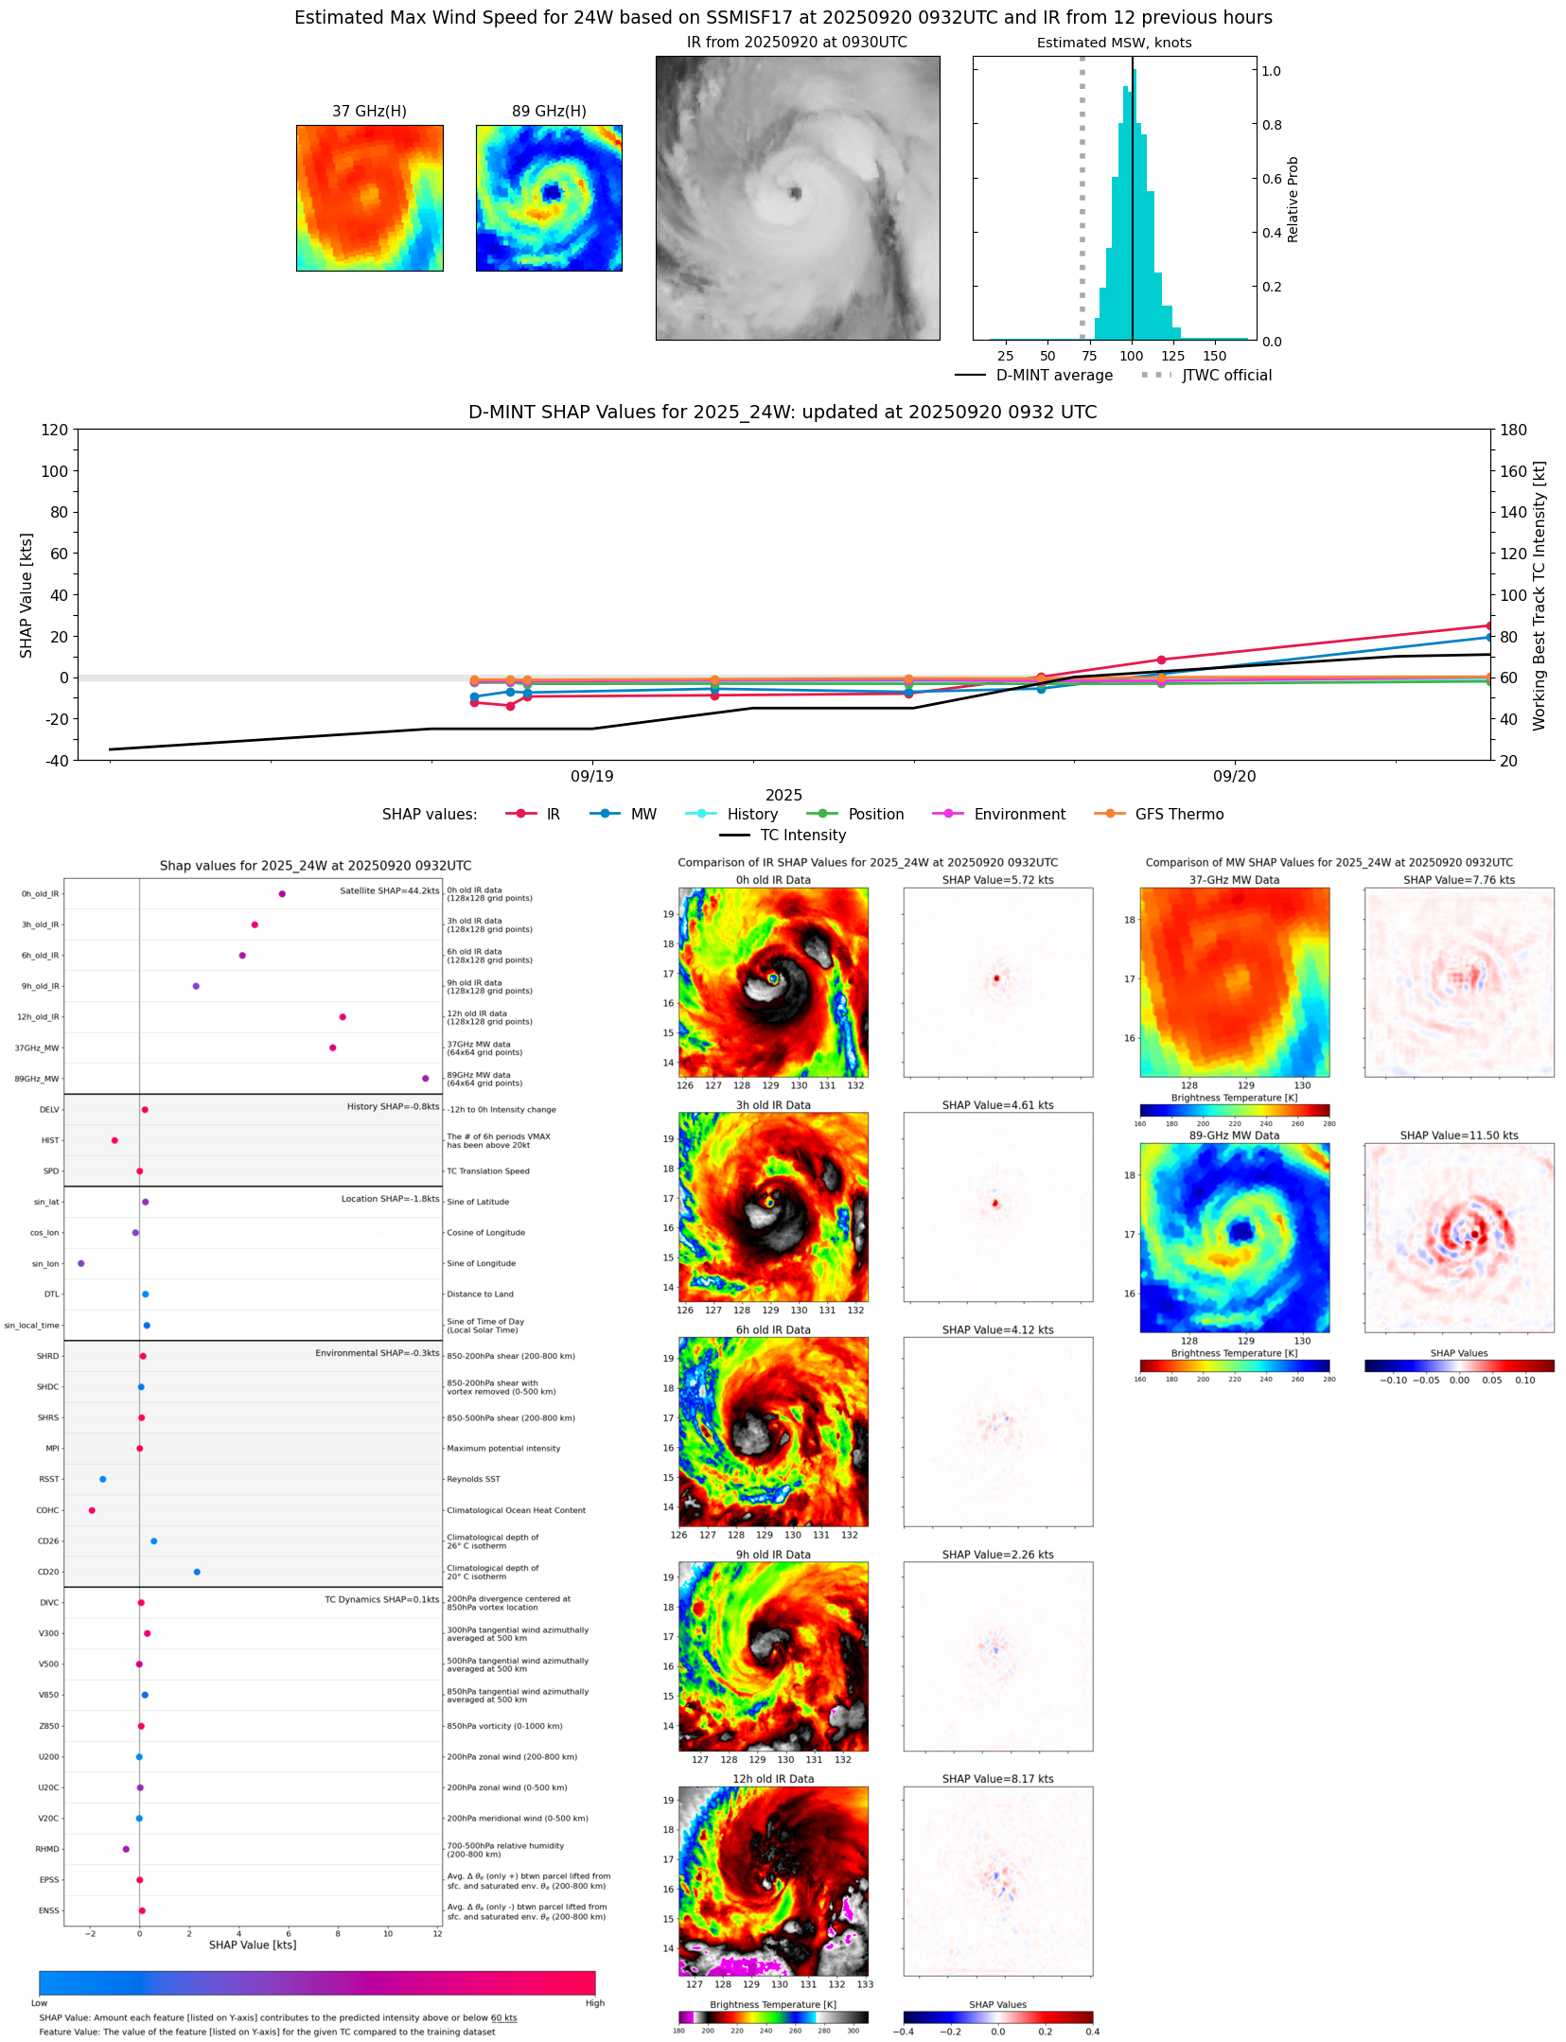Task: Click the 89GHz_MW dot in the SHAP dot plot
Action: [425, 1079]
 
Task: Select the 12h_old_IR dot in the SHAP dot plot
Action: [343, 1017]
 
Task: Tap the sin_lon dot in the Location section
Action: [81, 1263]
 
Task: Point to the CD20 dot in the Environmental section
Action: [197, 1572]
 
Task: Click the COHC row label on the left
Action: [47, 1510]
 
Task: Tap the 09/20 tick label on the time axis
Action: [1234, 777]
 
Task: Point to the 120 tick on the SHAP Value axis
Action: [55, 430]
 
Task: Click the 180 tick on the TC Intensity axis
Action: [1513, 430]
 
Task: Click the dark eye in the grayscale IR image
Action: [796, 194]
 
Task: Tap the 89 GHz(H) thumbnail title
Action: [549, 112]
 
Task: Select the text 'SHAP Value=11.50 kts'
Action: [1458, 1135]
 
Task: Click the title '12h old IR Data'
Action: [773, 1779]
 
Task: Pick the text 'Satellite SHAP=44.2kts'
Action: [389, 890]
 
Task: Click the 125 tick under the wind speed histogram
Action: [1172, 356]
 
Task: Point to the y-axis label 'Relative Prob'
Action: [1293, 200]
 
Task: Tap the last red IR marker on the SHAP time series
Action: [1489, 625]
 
